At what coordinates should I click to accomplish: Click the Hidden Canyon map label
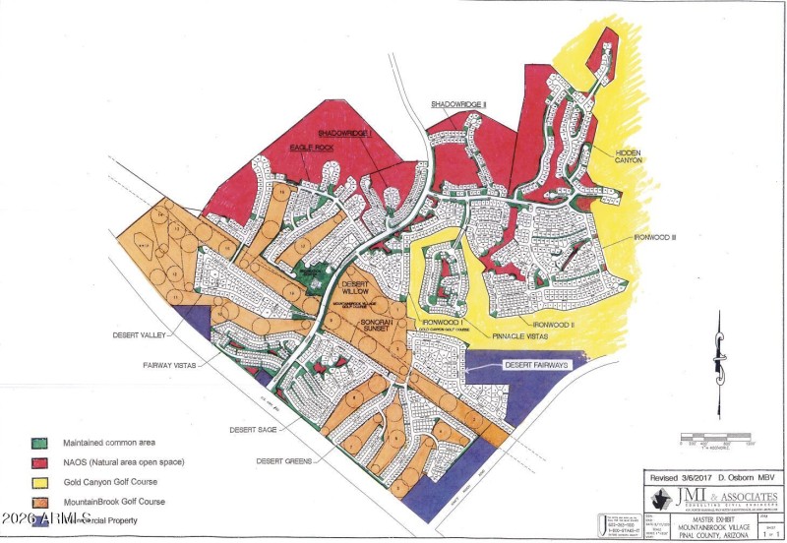(x=629, y=161)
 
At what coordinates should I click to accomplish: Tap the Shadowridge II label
(x=458, y=103)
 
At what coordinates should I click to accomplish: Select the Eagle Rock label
(x=312, y=147)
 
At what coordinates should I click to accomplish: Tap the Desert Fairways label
(x=537, y=365)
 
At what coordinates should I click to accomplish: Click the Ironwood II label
(x=559, y=325)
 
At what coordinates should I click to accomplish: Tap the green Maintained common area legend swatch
(x=42, y=442)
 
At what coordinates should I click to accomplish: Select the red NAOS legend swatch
(x=42, y=461)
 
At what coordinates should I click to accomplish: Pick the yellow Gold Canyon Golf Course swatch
(x=42, y=482)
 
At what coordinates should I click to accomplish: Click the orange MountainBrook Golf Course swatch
(x=42, y=502)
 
